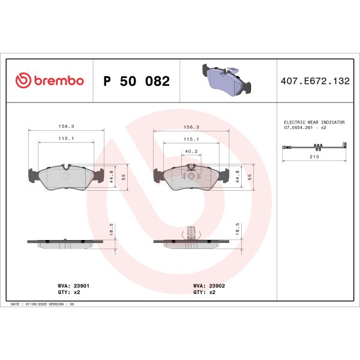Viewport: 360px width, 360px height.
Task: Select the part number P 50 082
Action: coord(137,81)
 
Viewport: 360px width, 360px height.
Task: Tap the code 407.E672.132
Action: coord(315,81)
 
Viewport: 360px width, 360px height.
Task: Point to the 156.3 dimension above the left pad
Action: coord(66,127)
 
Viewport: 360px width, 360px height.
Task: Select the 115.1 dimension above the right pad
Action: coord(191,139)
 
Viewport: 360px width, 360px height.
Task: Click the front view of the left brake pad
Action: coord(66,175)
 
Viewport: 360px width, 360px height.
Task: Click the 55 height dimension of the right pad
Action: coord(250,177)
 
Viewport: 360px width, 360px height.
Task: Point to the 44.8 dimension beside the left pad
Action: coord(112,176)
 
